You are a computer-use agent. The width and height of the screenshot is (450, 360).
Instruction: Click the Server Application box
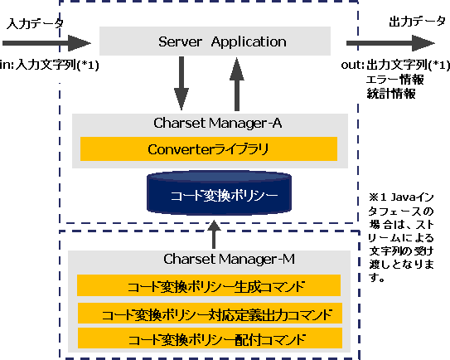pyautogui.click(x=215, y=41)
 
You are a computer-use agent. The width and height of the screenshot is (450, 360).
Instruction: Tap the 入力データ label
pyautogui.click(x=35, y=23)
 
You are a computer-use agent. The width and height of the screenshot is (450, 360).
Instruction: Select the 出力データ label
pyautogui.click(x=418, y=22)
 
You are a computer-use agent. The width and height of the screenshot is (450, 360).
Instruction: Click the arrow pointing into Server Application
pyautogui.click(x=46, y=43)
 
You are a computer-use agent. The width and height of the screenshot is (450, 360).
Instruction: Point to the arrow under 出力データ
pyautogui.click(x=390, y=43)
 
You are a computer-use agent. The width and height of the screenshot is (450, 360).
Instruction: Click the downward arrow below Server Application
pyautogui.click(x=181, y=83)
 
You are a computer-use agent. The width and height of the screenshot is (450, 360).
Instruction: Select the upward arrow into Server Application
pyautogui.click(x=237, y=84)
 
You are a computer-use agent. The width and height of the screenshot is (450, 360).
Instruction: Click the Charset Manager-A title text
pyautogui.click(x=217, y=123)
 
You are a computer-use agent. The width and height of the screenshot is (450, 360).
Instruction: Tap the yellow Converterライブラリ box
pyautogui.click(x=209, y=148)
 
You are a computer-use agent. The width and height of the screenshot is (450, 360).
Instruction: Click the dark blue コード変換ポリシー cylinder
pyautogui.click(x=220, y=192)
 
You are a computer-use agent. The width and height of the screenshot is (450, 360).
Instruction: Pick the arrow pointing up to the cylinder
pyautogui.click(x=214, y=235)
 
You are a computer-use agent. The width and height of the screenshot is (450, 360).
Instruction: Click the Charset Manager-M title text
pyautogui.click(x=229, y=259)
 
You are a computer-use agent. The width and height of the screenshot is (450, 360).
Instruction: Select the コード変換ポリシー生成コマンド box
pyautogui.click(x=209, y=285)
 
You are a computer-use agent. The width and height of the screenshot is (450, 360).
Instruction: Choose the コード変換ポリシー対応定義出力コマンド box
pyautogui.click(x=210, y=313)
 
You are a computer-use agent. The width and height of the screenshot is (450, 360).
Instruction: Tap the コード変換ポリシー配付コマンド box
pyautogui.click(x=210, y=338)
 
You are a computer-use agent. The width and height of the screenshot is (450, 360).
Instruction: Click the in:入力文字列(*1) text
pyautogui.click(x=50, y=65)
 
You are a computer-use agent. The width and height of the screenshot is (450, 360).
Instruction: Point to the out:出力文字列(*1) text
pyautogui.click(x=395, y=65)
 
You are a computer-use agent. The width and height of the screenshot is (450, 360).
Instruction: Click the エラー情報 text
pyautogui.click(x=395, y=80)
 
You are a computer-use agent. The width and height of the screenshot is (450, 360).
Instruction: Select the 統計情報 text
pyautogui.click(x=391, y=94)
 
